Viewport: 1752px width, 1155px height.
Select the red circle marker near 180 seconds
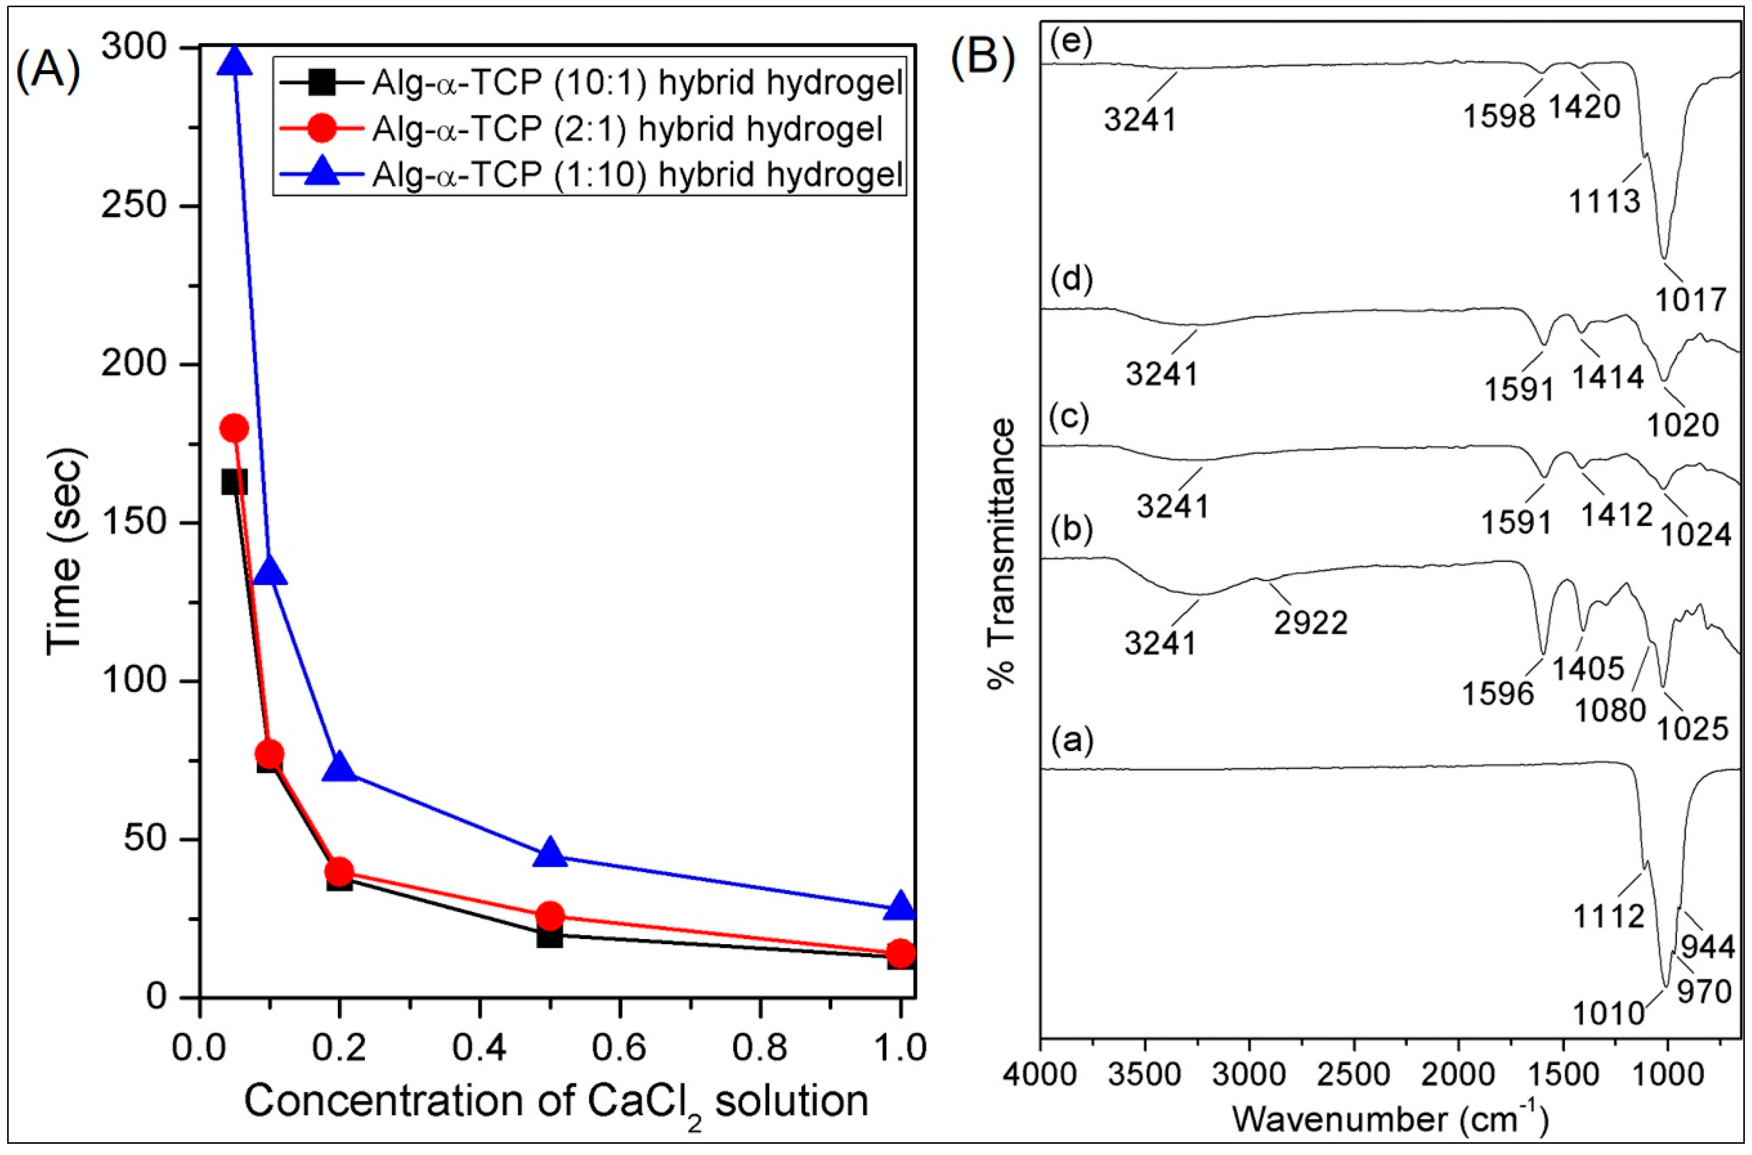click(x=234, y=428)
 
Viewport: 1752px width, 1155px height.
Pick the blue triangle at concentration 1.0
click(x=900, y=907)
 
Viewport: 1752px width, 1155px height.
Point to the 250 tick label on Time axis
click(x=133, y=205)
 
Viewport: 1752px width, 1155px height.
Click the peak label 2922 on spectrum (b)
click(x=1311, y=622)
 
